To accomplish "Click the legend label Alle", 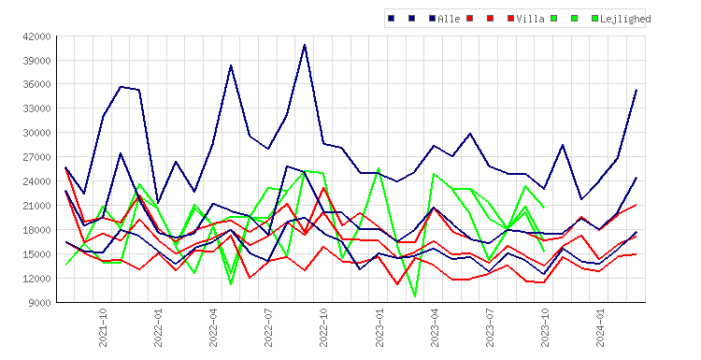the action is [449, 19].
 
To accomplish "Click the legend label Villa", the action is [530, 19].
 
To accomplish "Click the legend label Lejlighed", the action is [625, 19].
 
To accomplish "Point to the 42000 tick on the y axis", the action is [36, 36].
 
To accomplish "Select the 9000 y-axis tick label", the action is [39, 303].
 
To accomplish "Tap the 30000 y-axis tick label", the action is [36, 133].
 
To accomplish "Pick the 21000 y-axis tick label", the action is [36, 206].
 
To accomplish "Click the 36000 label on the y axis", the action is [36, 84].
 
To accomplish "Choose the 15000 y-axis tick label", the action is [36, 254].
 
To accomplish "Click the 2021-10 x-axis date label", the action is [103, 328].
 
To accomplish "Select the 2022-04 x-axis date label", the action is [213, 328].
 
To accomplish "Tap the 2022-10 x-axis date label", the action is [323, 328].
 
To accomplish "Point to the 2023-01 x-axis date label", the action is [379, 328].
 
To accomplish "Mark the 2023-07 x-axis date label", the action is [490, 328].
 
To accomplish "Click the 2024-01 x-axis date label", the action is [600, 328].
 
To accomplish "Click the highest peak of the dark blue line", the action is [305, 45].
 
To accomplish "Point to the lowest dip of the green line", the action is [415, 296].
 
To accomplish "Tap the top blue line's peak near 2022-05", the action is [231, 65].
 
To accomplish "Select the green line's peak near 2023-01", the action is [379, 168].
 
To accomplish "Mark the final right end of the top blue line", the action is [637, 90].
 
